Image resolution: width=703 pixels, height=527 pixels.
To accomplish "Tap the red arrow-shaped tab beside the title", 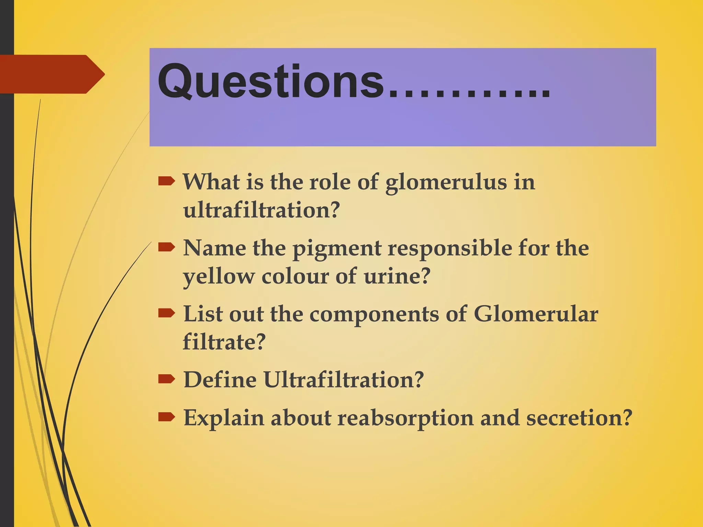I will (x=51, y=74).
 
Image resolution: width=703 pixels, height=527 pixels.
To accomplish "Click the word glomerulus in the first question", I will (x=446, y=183).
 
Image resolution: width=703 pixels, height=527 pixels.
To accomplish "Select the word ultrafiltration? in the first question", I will (x=261, y=210).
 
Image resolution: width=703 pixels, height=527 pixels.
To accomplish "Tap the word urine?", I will (x=397, y=276).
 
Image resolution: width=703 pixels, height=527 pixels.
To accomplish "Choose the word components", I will (x=374, y=315).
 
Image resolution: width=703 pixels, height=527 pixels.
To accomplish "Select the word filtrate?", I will (x=224, y=342).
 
